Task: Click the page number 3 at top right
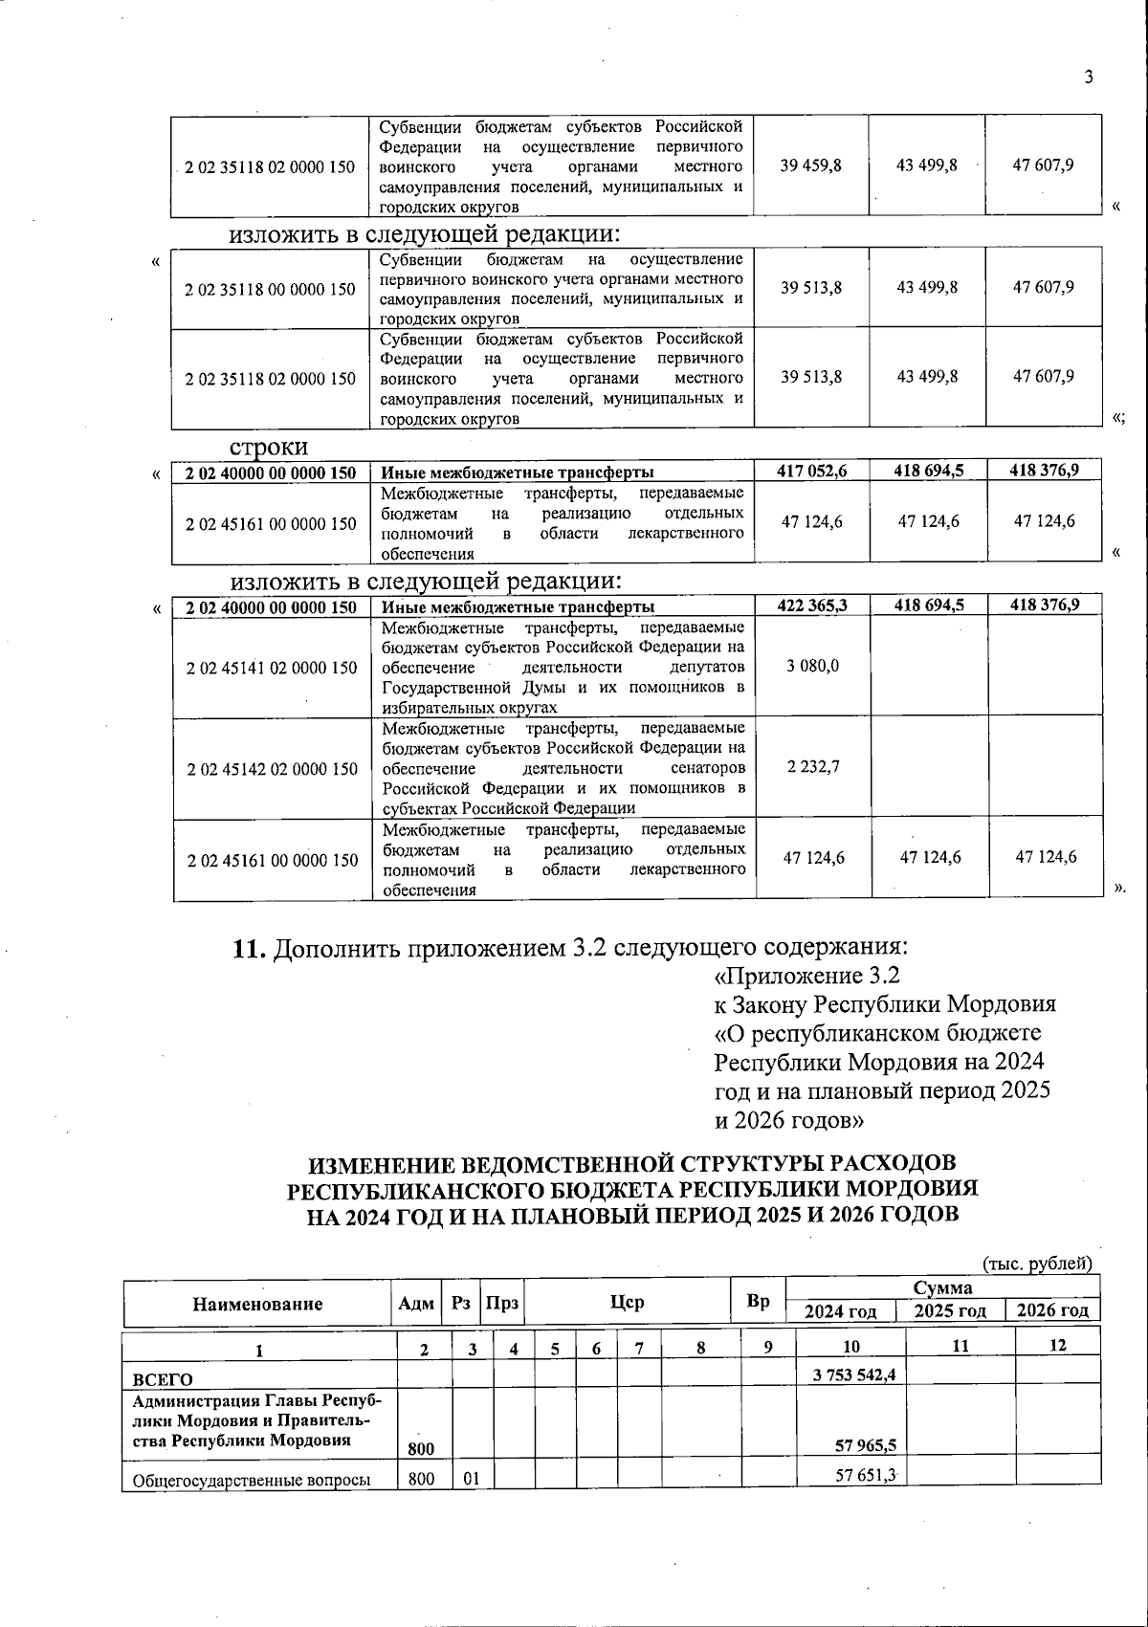(x=1088, y=77)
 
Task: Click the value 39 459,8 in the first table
(x=810, y=165)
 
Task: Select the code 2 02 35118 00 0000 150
(x=271, y=289)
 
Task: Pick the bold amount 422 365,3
(x=812, y=605)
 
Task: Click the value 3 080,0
(x=812, y=666)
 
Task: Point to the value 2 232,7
(x=813, y=767)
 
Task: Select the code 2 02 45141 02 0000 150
(x=272, y=668)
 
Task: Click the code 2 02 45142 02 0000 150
(x=272, y=769)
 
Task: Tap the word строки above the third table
(x=268, y=448)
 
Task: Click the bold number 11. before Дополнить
(x=251, y=949)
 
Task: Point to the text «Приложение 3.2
(x=807, y=977)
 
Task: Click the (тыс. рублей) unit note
(x=1038, y=1264)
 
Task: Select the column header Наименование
(x=257, y=1304)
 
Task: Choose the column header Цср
(x=628, y=1302)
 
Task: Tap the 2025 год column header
(x=949, y=1311)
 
